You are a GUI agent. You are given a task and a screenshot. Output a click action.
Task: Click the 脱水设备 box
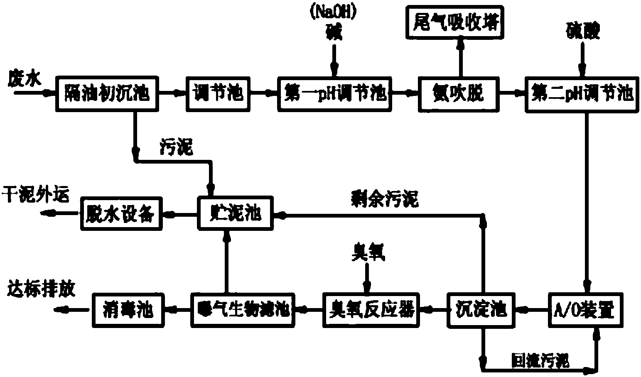(120, 214)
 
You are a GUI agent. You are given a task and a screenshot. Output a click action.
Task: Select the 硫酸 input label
(583, 32)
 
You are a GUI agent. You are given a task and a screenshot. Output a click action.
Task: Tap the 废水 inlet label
(25, 78)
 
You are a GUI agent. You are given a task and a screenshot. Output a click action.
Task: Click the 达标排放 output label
(41, 289)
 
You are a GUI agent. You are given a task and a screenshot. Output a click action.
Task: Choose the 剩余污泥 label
(384, 200)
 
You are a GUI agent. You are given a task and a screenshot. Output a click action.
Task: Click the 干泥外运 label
(35, 194)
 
